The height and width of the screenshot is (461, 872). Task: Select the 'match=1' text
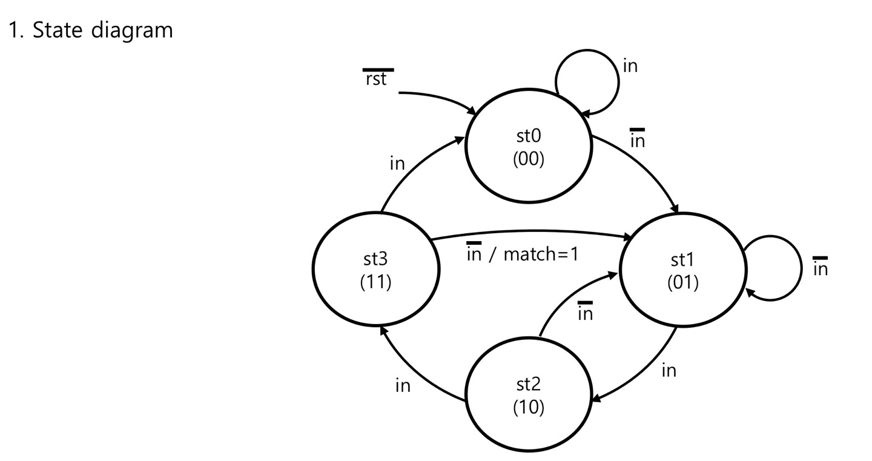pyautogui.click(x=541, y=254)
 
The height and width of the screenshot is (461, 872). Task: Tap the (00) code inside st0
pyautogui.click(x=528, y=159)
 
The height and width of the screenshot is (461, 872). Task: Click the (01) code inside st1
pyautogui.click(x=682, y=283)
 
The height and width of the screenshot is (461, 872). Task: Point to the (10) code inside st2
pyautogui.click(x=528, y=408)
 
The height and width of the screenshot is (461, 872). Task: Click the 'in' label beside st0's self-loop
pyautogui.click(x=630, y=66)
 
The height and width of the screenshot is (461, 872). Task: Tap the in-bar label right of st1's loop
pyautogui.click(x=821, y=267)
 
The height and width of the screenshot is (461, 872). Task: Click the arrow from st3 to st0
pyautogui.click(x=412, y=171)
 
